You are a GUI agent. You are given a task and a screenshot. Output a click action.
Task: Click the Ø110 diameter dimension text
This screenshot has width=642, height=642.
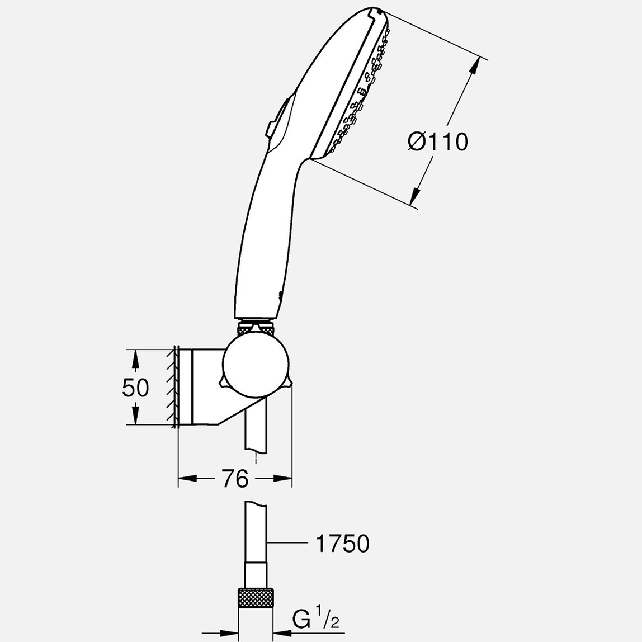pos(438,142)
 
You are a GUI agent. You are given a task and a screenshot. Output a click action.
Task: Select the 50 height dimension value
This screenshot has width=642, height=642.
pos(135,388)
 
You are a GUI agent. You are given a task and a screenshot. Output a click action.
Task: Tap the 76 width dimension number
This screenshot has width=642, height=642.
pos(235,479)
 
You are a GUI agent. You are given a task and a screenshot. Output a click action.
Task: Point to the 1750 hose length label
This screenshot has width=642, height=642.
pos(343,543)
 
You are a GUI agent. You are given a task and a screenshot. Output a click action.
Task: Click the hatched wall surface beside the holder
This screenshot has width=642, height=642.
pos(171,387)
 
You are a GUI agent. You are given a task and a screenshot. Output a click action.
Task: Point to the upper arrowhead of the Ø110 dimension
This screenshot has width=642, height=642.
pos(474,65)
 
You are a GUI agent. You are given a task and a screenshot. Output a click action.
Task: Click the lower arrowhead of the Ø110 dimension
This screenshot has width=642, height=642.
pos(414,196)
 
